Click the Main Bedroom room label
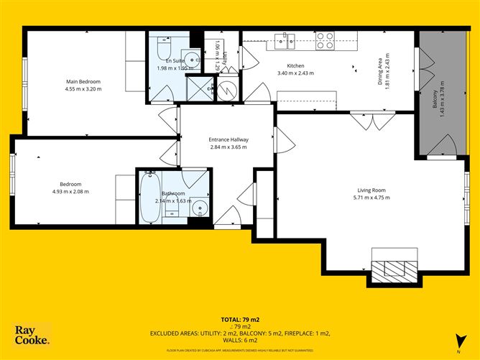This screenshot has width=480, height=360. [83, 81]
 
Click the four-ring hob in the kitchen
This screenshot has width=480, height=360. [325, 41]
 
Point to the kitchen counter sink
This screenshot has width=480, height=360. [283, 42]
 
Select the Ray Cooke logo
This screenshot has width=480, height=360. [32, 334]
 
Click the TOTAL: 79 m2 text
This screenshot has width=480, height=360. [239, 318]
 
